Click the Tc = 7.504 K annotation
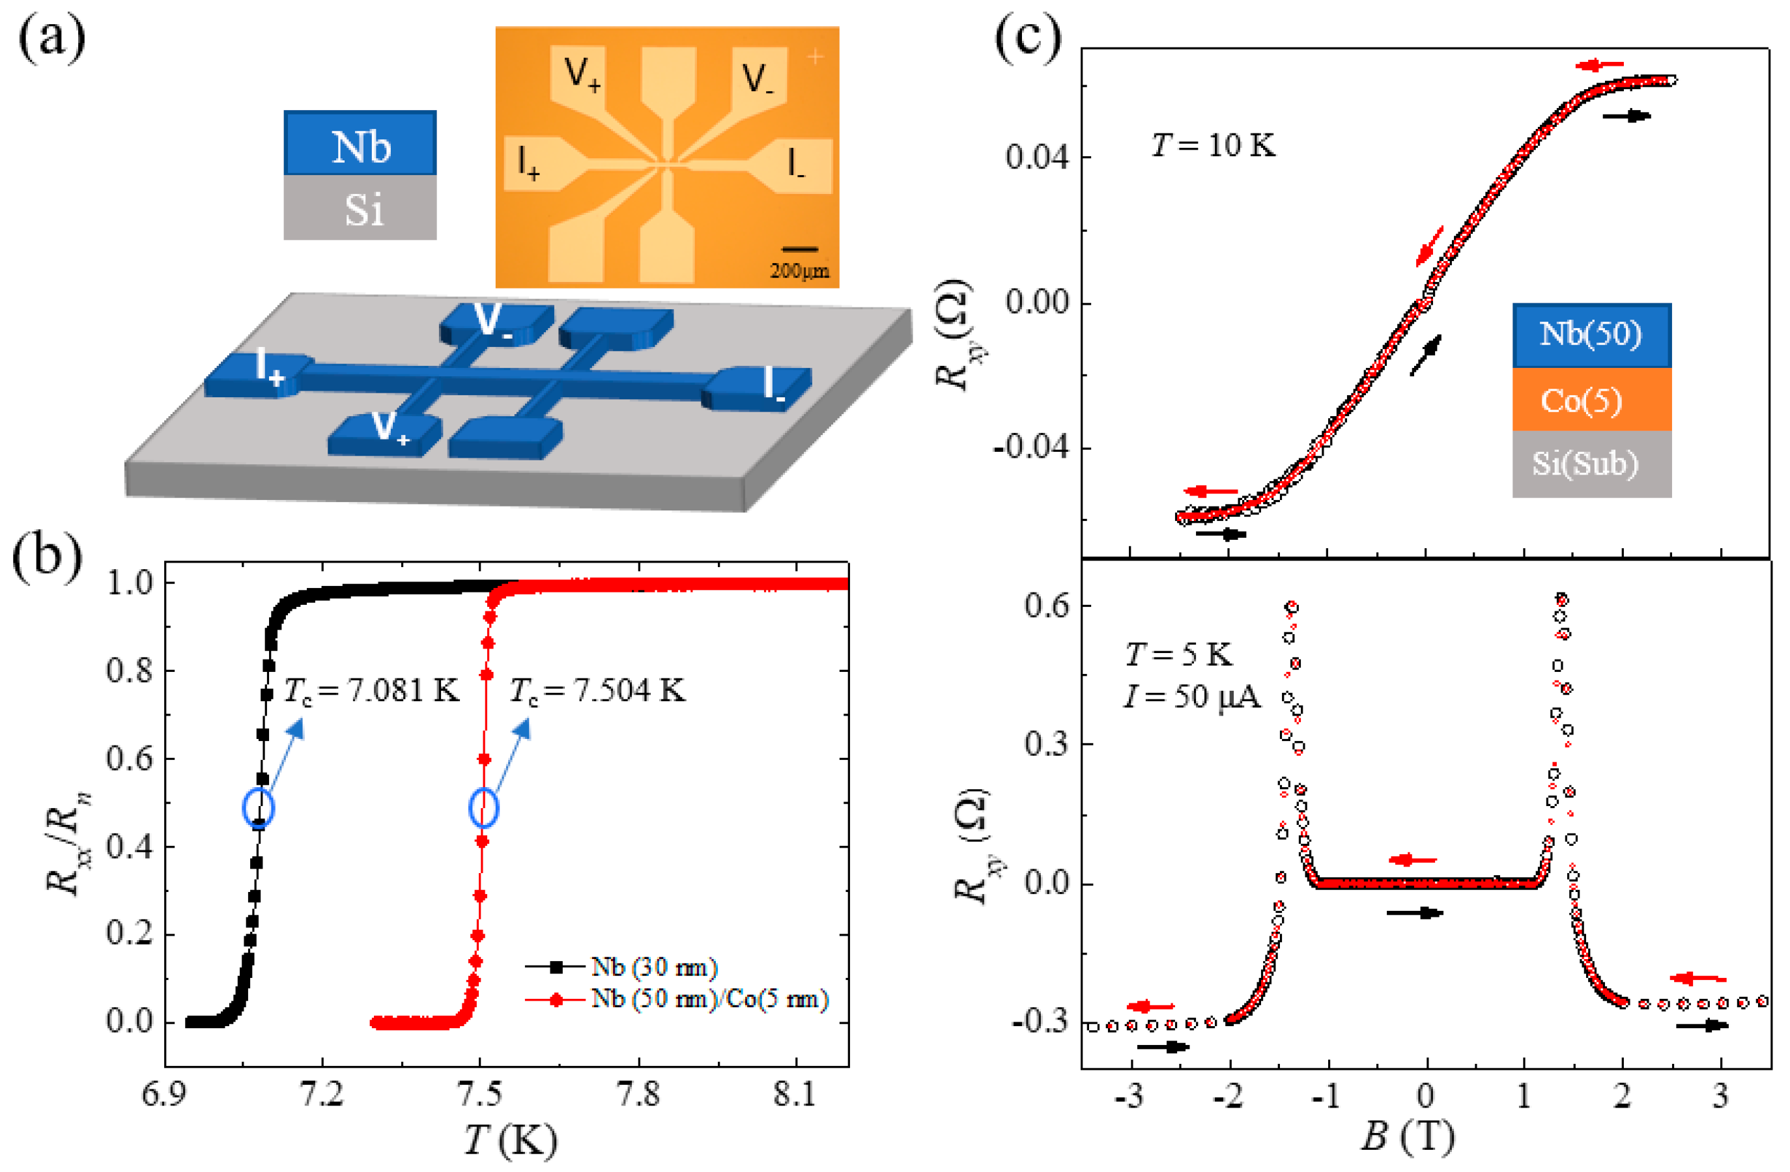597,690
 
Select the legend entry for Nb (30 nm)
653,967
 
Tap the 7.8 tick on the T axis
638,1095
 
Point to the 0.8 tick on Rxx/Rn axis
130,671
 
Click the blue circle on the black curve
259,807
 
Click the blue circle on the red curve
483,807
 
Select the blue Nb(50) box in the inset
1591,335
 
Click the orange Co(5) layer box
1591,400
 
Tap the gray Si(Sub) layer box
1591,464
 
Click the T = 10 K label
1213,145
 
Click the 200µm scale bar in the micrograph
799,249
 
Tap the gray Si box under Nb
360,208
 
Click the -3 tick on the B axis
1129,1096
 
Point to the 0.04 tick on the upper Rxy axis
1037,158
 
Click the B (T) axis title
1406,1137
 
